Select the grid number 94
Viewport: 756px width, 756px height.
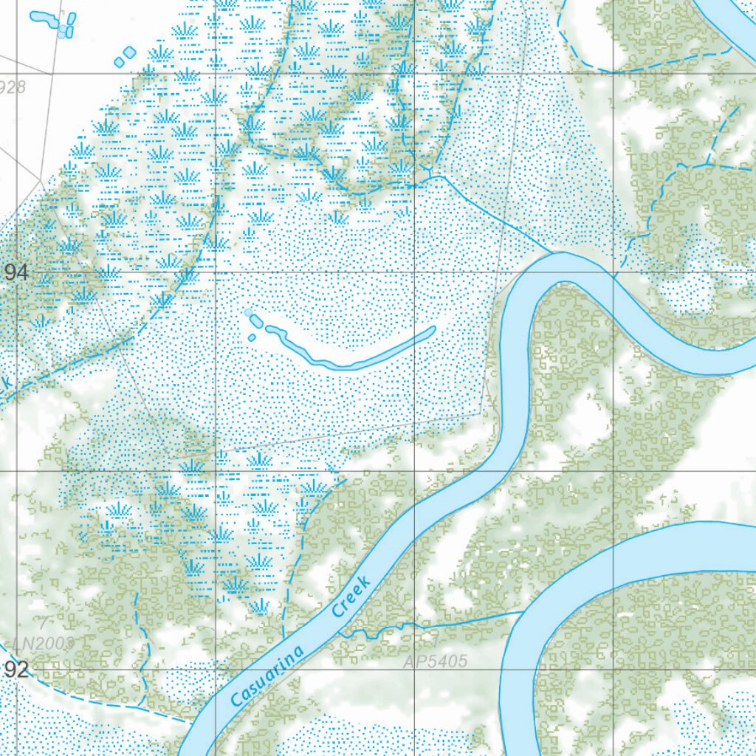16,272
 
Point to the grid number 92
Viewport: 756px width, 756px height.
16,670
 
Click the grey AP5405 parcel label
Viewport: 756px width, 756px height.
436,661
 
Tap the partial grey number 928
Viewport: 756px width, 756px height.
13,87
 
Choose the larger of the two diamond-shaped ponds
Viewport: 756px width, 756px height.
130,52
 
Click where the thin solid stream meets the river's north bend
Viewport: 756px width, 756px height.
552,252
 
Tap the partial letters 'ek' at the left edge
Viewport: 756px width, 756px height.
4,384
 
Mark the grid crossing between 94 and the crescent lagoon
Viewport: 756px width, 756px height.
215,272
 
